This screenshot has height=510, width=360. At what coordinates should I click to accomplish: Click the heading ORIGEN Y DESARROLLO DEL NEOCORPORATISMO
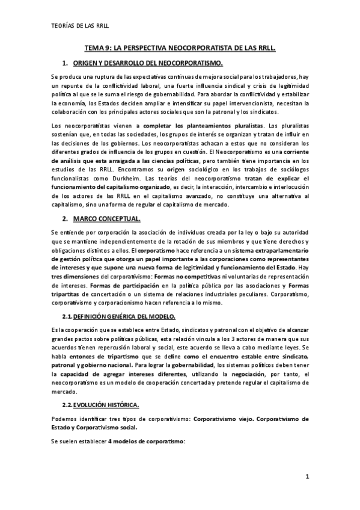[x=148, y=63]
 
